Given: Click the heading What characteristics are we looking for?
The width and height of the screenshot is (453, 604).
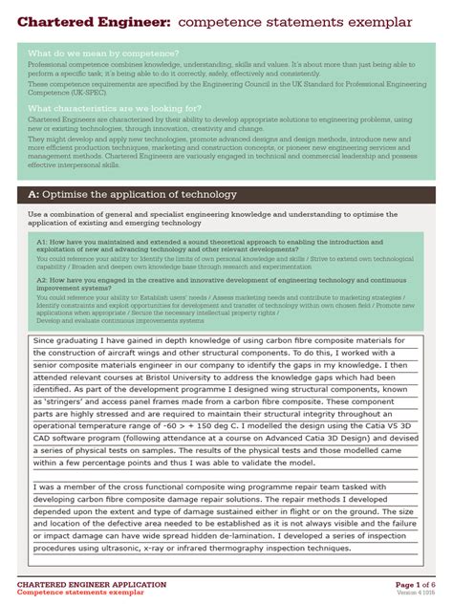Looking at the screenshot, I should tap(115, 109).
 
